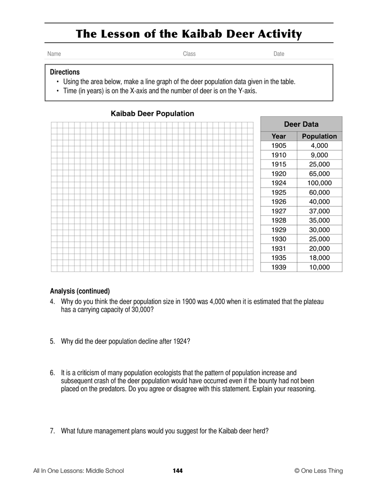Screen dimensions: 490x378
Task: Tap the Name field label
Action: point(54,54)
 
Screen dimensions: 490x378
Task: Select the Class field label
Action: point(189,54)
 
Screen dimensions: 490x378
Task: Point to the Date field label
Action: point(279,54)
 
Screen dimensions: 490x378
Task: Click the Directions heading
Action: point(65,72)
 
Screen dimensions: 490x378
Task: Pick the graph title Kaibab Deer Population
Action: point(152,114)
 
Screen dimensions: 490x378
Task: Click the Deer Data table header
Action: point(301,124)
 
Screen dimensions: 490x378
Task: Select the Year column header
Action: point(279,136)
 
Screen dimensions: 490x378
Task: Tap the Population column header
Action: point(319,136)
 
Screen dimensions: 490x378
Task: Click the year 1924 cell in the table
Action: point(279,183)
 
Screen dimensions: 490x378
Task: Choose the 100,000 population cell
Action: point(319,183)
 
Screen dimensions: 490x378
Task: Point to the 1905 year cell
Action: point(279,145)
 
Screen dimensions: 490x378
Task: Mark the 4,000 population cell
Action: point(319,145)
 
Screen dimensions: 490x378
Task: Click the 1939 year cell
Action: point(279,267)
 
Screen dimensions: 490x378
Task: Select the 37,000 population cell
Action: point(319,211)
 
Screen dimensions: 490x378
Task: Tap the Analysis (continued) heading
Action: point(80,291)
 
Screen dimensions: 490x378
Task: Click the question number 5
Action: point(52,341)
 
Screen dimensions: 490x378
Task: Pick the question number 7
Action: point(52,431)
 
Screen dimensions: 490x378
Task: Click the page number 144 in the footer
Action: point(177,471)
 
